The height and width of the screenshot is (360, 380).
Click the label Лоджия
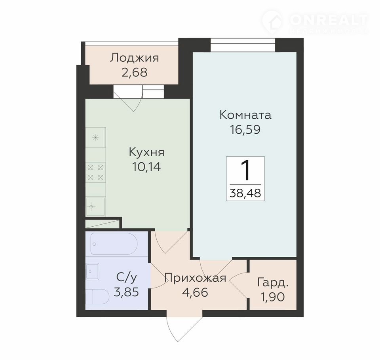click(x=135, y=59)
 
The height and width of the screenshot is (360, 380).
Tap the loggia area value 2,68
click(x=135, y=72)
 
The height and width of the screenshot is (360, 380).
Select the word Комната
click(x=245, y=115)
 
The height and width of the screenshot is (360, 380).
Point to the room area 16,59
click(x=245, y=130)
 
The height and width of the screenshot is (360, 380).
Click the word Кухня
click(x=146, y=153)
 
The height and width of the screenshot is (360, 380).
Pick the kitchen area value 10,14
click(x=146, y=167)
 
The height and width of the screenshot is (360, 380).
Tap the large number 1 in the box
click(x=245, y=171)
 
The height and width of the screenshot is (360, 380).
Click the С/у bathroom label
click(x=127, y=278)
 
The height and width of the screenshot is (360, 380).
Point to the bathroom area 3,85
click(x=126, y=292)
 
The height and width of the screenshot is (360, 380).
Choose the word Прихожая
click(x=195, y=278)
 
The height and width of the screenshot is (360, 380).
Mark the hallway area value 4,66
click(x=195, y=292)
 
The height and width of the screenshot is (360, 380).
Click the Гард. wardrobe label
click(x=273, y=283)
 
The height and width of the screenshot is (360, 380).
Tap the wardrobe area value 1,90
click(x=273, y=297)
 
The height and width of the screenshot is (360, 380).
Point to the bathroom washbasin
click(x=93, y=271)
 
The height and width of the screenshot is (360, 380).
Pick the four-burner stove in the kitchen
click(x=96, y=172)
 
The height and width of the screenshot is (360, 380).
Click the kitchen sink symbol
click(x=95, y=207)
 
